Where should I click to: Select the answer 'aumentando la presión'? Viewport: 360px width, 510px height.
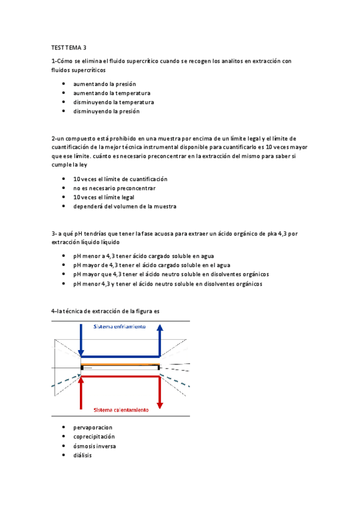pyautogui.click(x=105, y=84)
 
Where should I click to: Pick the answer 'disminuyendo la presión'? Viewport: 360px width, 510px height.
pyautogui.click(x=106, y=111)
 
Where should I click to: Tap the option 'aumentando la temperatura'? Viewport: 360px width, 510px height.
pyautogui.click(x=112, y=93)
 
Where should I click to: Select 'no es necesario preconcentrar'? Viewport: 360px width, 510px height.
pyautogui.click(x=114, y=188)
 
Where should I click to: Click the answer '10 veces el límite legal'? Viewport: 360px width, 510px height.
pyautogui.click(x=103, y=197)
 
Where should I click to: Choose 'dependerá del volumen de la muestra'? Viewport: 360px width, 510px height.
pyautogui.click(x=124, y=206)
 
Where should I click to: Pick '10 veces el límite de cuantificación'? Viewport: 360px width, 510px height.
pyautogui.click(x=120, y=179)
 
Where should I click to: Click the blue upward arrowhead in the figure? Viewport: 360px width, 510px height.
pyautogui.click(x=160, y=327)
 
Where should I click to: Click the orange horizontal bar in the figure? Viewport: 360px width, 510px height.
pyautogui.click(x=120, y=364)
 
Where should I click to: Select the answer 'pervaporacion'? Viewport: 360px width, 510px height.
pyautogui.click(x=93, y=428)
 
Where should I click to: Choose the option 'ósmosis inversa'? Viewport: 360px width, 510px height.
pyautogui.click(x=94, y=446)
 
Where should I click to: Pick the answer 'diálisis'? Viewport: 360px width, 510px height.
pyautogui.click(x=82, y=455)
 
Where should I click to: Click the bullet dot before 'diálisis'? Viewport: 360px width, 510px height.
pyautogui.click(x=64, y=455)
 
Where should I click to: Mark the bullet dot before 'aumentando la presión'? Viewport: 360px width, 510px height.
pyautogui.click(x=64, y=85)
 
